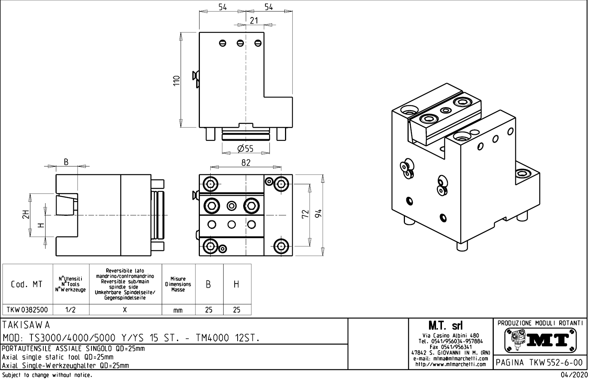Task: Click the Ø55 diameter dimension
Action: pyautogui.click(x=245, y=149)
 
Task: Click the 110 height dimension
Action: pyautogui.click(x=177, y=80)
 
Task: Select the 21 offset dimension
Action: pyautogui.click(x=254, y=21)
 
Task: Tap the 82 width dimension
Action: pyautogui.click(x=246, y=163)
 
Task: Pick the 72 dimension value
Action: pyautogui.click(x=305, y=214)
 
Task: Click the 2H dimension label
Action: pyautogui.click(x=25, y=214)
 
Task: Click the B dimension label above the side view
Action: pyautogui.click(x=66, y=162)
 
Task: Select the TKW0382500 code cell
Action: pyautogui.click(x=27, y=310)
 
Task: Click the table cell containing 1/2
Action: pyautogui.click(x=70, y=310)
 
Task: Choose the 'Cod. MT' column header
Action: pyautogui.click(x=27, y=284)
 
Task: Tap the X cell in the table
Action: pyautogui.click(x=125, y=310)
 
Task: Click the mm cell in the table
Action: pyautogui.click(x=178, y=310)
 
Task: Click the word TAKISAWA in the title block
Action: pyautogui.click(x=26, y=325)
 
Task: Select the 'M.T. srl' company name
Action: pyautogui.click(x=450, y=326)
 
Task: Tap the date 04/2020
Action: pyautogui.click(x=574, y=375)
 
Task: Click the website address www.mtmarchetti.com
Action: pyautogui.click(x=450, y=364)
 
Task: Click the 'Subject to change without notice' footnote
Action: pyautogui.click(x=47, y=375)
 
